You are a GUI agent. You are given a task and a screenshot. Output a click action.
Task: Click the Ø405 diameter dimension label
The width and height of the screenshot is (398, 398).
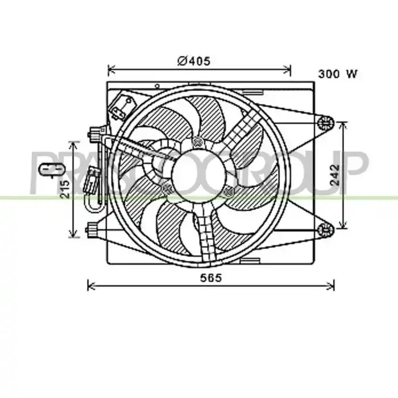click(x=194, y=61)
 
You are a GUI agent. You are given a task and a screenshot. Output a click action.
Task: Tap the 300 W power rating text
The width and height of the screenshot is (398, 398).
click(x=338, y=74)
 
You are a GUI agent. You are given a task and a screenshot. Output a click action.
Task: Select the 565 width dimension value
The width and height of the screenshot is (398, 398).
click(x=211, y=278)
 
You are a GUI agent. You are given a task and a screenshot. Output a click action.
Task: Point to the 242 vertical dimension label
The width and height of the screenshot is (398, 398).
click(x=335, y=175)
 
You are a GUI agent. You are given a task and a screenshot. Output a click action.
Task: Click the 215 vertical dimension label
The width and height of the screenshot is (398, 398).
click(x=65, y=189)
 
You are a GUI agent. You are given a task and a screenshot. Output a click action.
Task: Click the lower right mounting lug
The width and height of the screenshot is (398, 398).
click(x=326, y=230)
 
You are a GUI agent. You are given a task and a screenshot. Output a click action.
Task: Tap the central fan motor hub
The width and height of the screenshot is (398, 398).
click(x=199, y=175)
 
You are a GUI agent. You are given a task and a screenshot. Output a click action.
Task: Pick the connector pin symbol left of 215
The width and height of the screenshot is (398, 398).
click(x=52, y=169)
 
